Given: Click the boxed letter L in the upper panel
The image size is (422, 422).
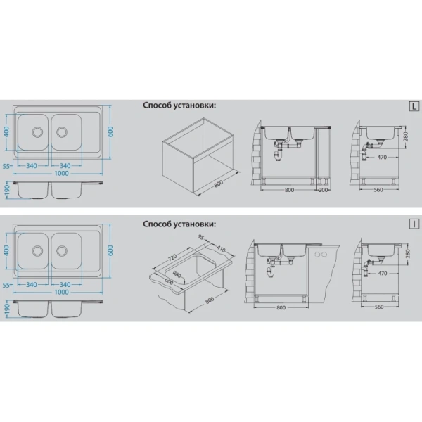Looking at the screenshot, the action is tap(414, 106).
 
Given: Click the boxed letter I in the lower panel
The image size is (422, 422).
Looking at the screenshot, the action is tap(414, 224).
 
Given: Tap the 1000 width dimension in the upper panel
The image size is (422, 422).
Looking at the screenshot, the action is tap(61, 173).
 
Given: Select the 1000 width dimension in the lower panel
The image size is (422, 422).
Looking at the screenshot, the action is tap(61, 292).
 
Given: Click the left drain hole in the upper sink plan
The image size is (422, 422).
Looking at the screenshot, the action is tap(37, 132).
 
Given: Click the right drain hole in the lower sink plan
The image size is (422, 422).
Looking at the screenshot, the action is tap(62, 250).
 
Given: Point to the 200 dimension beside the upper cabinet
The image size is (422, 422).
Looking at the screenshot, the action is tap(323, 190).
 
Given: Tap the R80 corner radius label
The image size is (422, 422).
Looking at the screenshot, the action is tap(177, 275).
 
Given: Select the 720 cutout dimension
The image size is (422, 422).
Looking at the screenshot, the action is tap(172, 258).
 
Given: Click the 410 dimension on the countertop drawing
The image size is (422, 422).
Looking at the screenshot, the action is tap(221, 248).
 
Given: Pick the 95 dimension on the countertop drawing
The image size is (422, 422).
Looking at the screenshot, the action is tap(201, 238).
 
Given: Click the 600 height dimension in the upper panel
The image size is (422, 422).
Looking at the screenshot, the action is tap(110, 132).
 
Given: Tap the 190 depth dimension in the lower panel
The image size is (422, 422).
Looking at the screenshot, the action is tap(7, 309).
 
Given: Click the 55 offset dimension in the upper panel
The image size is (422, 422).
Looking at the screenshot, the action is tap(6, 166).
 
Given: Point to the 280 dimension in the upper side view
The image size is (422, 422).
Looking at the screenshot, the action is tap(406, 136).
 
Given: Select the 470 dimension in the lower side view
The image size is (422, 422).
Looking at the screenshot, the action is tap(383, 274).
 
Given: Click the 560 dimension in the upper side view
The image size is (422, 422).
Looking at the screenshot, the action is tap(378, 190).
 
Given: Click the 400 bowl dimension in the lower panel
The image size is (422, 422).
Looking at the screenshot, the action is tap(7, 250).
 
